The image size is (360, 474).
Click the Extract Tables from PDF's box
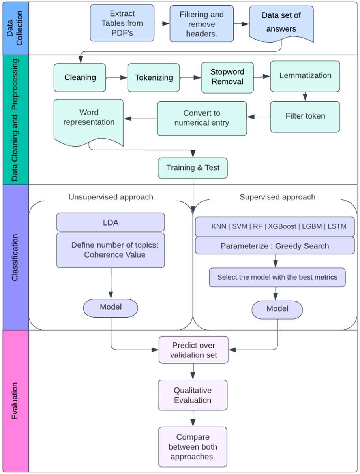tap(122, 23)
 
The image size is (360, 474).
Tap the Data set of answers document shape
tap(281, 23)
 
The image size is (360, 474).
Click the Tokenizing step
tap(154, 77)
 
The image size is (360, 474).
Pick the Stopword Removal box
tap(227, 77)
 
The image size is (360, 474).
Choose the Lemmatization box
tap(305, 76)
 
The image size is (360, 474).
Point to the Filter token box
tap(305, 116)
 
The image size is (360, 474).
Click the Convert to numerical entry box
tap(201, 118)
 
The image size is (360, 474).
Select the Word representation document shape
tap(89, 118)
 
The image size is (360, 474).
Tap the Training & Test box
tap(193, 167)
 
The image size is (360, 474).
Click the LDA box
tap(111, 222)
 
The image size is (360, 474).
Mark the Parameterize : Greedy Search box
tap(275, 246)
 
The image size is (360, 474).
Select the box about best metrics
tap(277, 277)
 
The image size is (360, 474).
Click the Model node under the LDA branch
tap(111, 307)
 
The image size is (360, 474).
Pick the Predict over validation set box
tap(193, 350)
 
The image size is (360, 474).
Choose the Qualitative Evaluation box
tap(193, 395)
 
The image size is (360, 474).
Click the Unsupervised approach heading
tap(111, 197)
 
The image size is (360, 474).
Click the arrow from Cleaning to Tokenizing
tap(117, 78)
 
